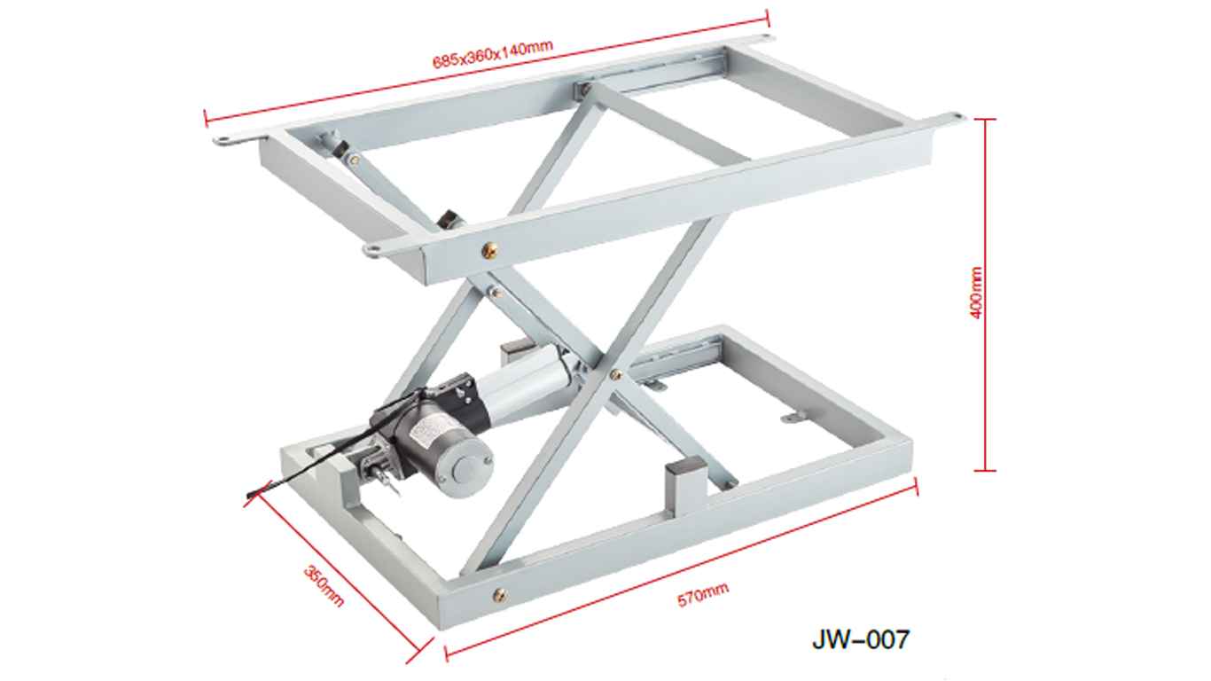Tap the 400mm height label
point(976,294)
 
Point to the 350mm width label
point(324,585)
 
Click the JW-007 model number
point(860,638)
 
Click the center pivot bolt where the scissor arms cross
point(614,375)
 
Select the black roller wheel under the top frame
point(449,219)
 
